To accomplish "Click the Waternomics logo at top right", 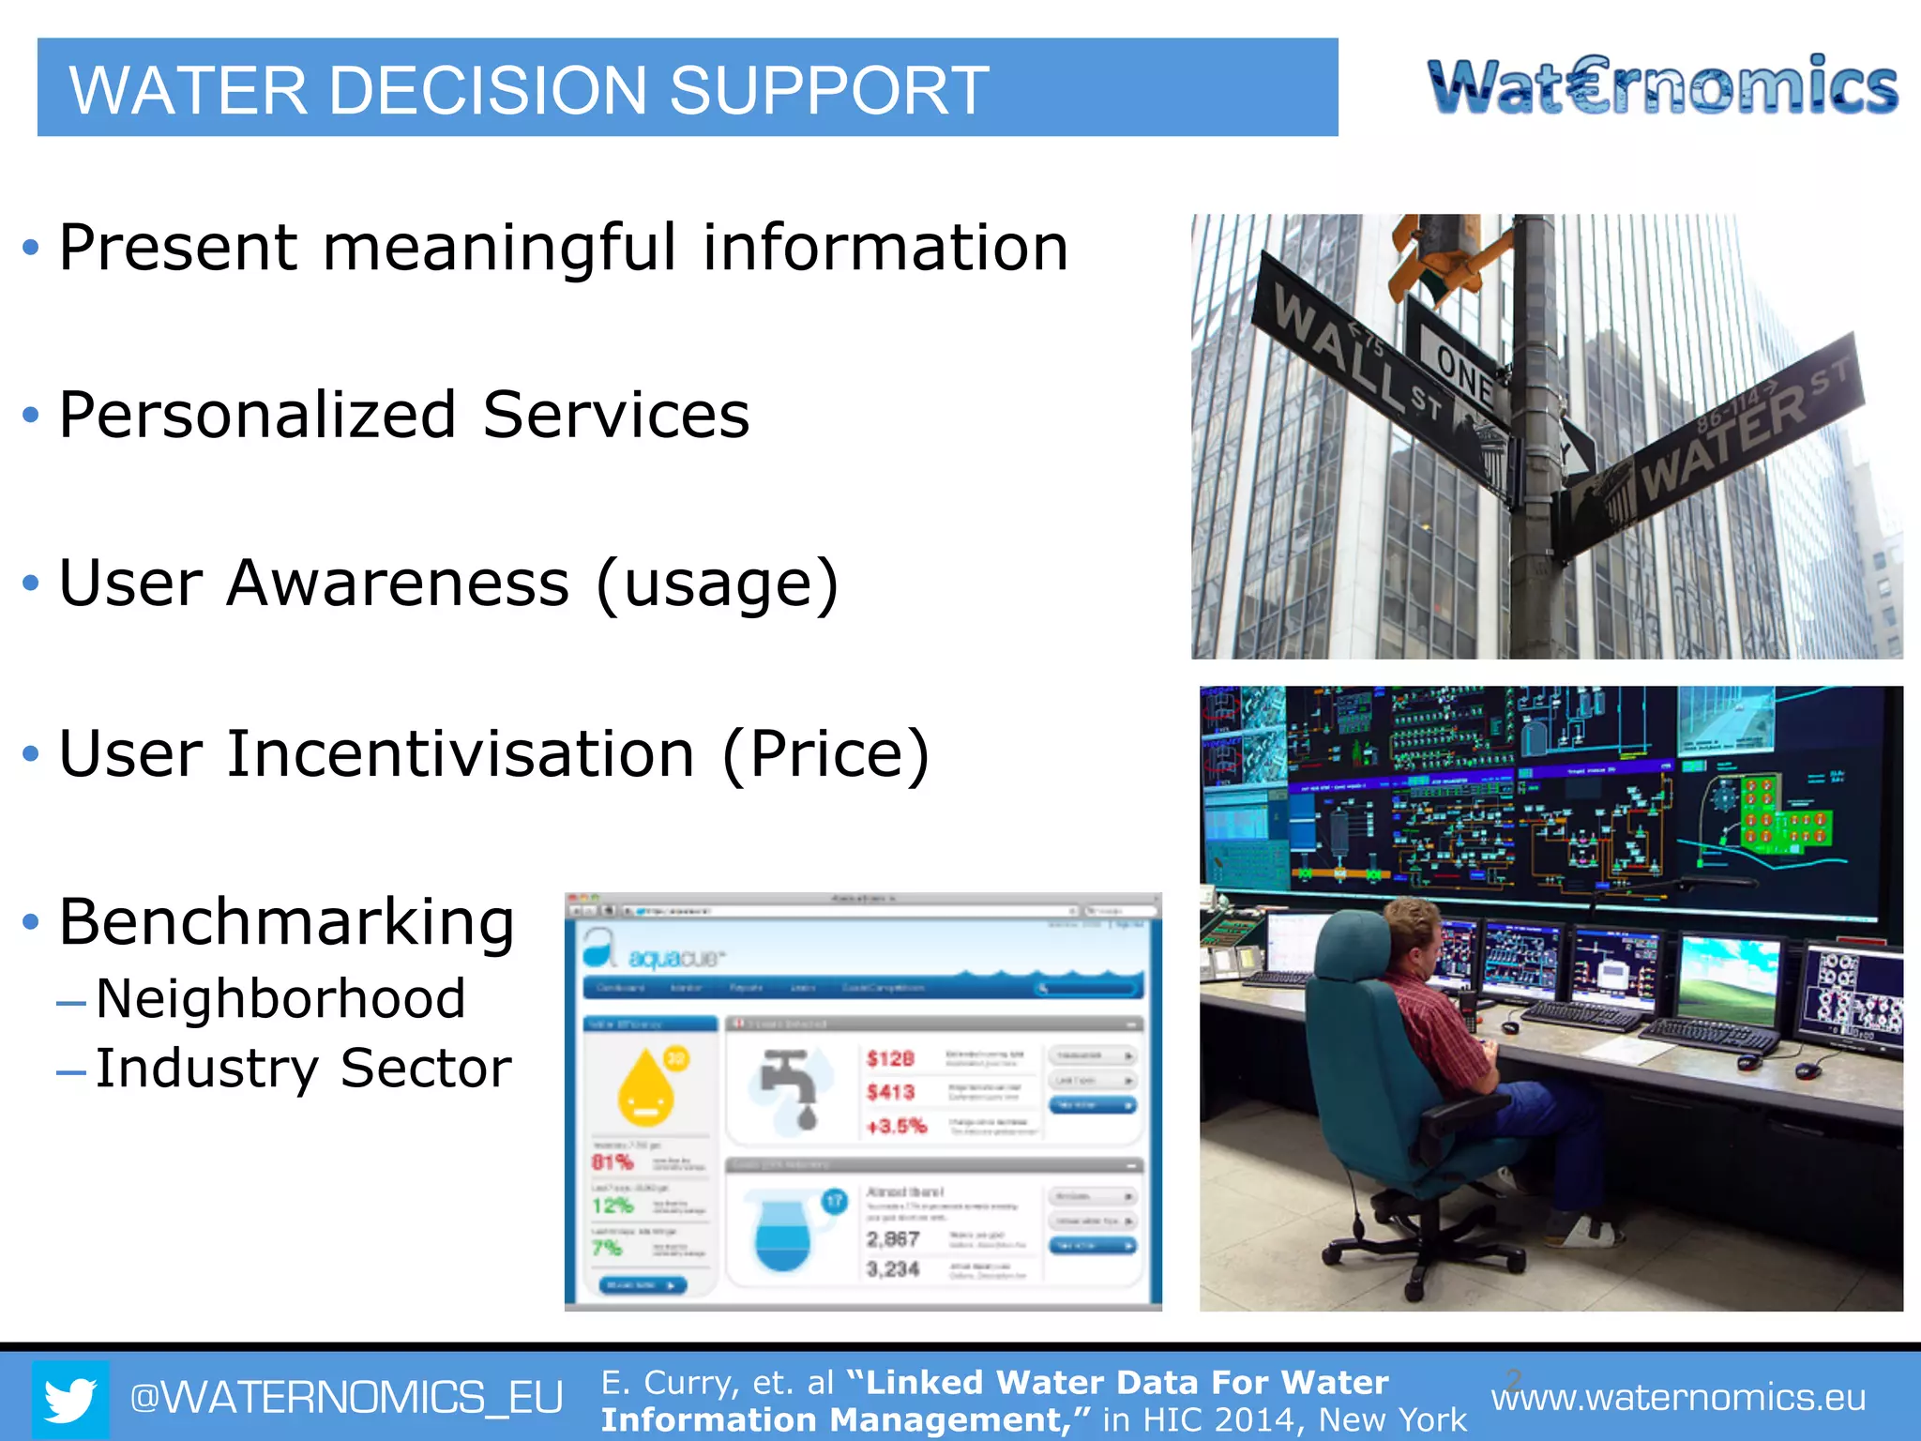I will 1662,86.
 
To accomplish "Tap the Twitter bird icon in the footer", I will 70,1399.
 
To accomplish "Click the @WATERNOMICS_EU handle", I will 346,1398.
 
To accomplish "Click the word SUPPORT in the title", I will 828,91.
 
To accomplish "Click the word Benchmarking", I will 286,922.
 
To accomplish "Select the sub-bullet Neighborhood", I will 280,998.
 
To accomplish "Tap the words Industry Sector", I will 303,1069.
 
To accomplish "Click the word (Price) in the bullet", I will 825,754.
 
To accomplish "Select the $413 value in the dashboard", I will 890,1092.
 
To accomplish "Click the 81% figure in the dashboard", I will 613,1162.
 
